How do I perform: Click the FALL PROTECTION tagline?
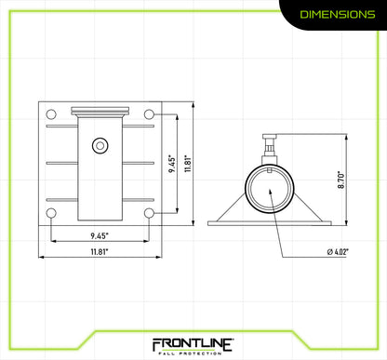point(193,353)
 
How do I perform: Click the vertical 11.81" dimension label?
point(187,164)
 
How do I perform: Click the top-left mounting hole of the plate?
point(51,114)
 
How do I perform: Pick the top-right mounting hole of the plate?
point(149,114)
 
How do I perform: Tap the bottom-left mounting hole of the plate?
point(51,214)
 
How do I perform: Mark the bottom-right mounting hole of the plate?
point(149,214)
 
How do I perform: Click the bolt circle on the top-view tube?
point(100,144)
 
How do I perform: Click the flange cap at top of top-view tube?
point(100,112)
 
